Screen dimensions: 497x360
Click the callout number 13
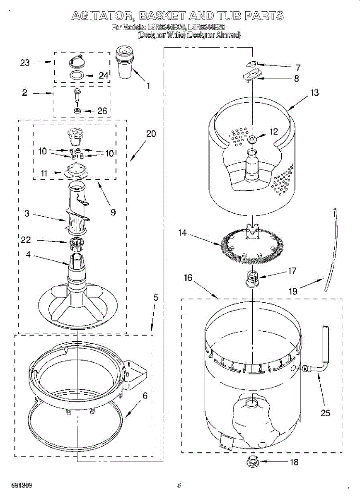pos(315,92)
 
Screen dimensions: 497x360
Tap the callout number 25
pos(326,413)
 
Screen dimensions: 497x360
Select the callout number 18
pos(294,462)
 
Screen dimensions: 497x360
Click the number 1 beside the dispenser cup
pos(148,86)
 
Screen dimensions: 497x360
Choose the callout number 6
pos(145,396)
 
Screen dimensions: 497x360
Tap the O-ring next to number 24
pos(76,75)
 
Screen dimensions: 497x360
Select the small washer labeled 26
pos(77,111)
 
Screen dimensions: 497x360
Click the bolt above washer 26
pos(77,95)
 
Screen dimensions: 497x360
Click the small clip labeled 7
pos(252,64)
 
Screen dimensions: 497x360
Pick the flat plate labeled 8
pos(253,75)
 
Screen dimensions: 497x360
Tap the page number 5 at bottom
pos(179,485)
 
